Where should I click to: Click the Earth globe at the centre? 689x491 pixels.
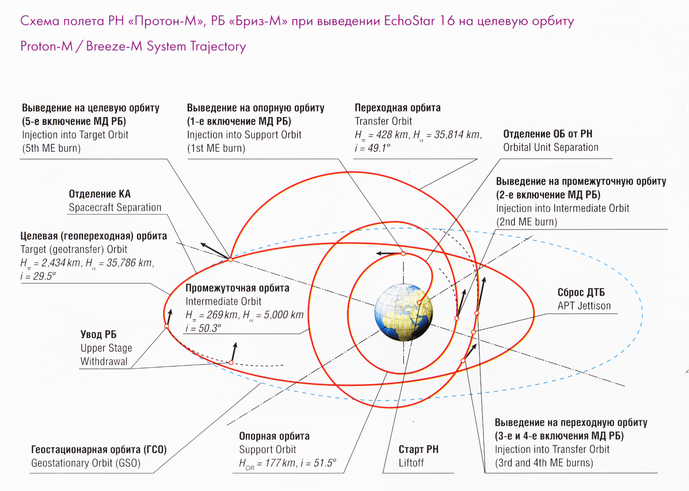tap(404, 312)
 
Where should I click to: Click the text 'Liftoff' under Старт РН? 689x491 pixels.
tap(411, 462)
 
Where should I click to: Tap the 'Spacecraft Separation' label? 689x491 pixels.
tap(115, 208)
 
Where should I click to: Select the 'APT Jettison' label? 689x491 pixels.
tap(584, 306)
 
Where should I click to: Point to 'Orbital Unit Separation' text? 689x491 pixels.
tap(551, 147)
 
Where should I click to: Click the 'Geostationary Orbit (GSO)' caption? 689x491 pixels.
tap(86, 463)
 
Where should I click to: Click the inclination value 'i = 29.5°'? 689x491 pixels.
tap(38, 276)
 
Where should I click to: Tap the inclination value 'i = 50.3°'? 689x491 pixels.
tap(203, 328)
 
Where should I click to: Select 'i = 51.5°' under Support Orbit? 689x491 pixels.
tap(319, 463)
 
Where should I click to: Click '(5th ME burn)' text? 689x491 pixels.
tap(51, 148)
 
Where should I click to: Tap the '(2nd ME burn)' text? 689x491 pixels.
tap(527, 222)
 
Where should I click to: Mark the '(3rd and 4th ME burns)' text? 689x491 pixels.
tap(544, 462)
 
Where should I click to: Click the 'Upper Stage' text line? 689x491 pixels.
tap(106, 348)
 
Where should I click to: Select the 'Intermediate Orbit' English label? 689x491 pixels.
tap(224, 301)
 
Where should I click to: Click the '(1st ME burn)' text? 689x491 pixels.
tap(216, 148)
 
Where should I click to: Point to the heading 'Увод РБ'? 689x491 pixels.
tap(99, 334)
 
